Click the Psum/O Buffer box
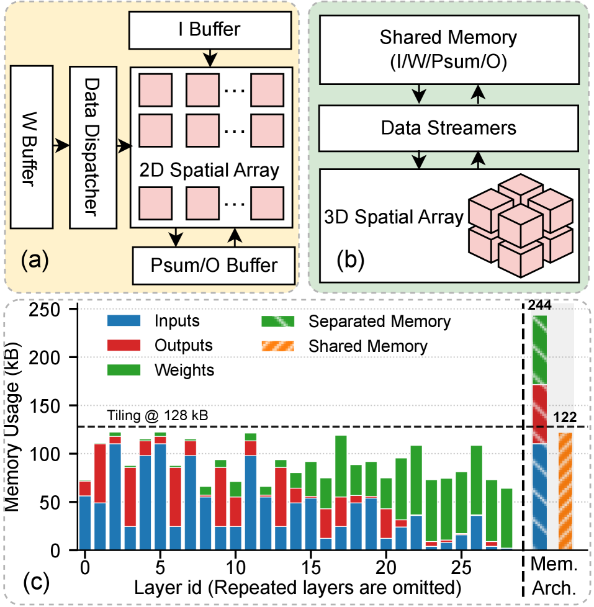click(214, 265)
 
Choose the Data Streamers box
click(448, 128)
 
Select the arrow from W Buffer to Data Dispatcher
click(61, 146)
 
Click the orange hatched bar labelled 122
click(565, 491)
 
